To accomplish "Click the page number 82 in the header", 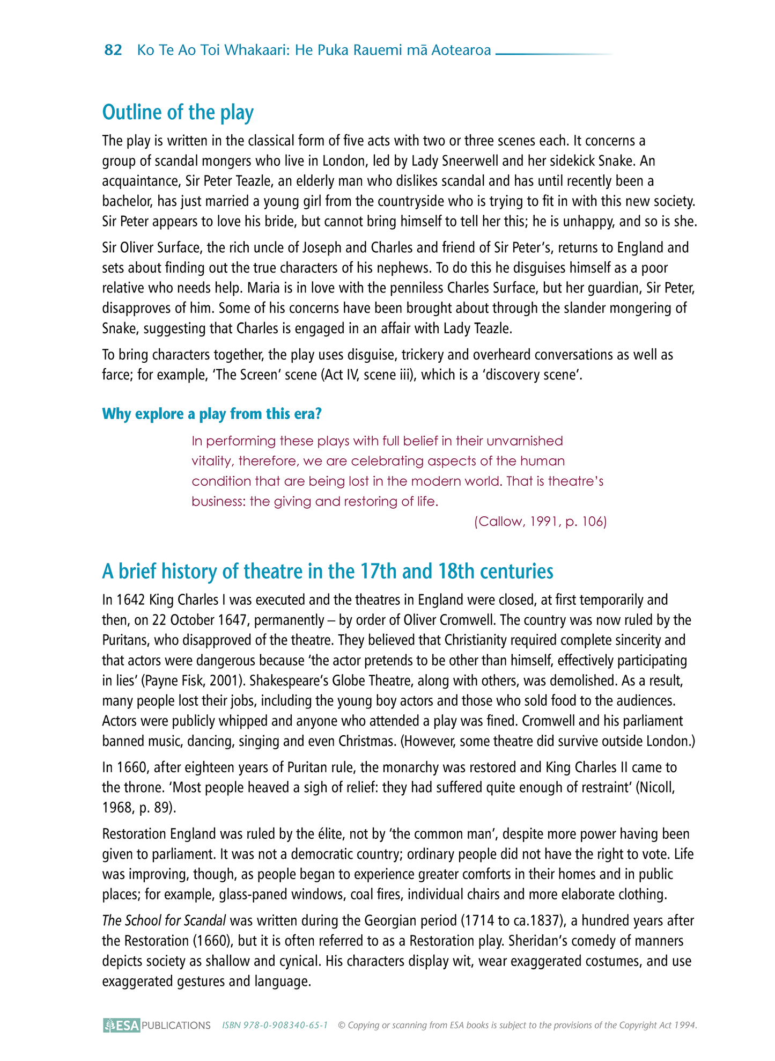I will pos(113,50).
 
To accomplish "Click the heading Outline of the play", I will pos(178,112).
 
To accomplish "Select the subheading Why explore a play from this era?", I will pos(211,414).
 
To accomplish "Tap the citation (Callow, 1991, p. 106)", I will pos(540,522).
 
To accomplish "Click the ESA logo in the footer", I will pos(122,1025).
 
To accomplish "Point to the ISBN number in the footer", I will pos(275,1025).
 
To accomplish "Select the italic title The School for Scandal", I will pos(164,920).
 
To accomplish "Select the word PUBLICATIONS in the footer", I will pos(176,1026).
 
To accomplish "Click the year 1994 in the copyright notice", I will pos(685,1025).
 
